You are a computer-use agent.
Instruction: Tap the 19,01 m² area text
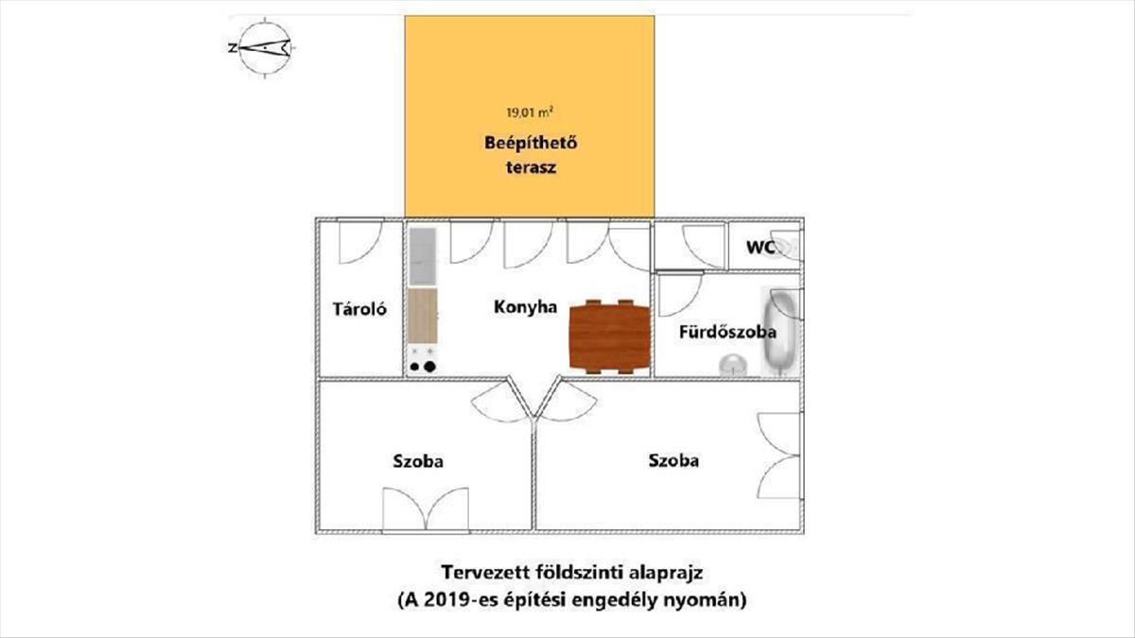(530, 112)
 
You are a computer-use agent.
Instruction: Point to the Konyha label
(525, 307)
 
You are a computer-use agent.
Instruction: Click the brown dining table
(611, 336)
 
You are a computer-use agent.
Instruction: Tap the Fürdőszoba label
(728, 333)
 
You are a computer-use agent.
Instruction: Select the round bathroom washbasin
(731, 363)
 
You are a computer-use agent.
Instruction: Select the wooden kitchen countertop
(423, 316)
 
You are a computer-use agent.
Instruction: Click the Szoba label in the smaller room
(418, 462)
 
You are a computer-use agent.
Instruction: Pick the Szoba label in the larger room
(673, 461)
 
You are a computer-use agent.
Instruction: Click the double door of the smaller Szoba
(426, 510)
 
